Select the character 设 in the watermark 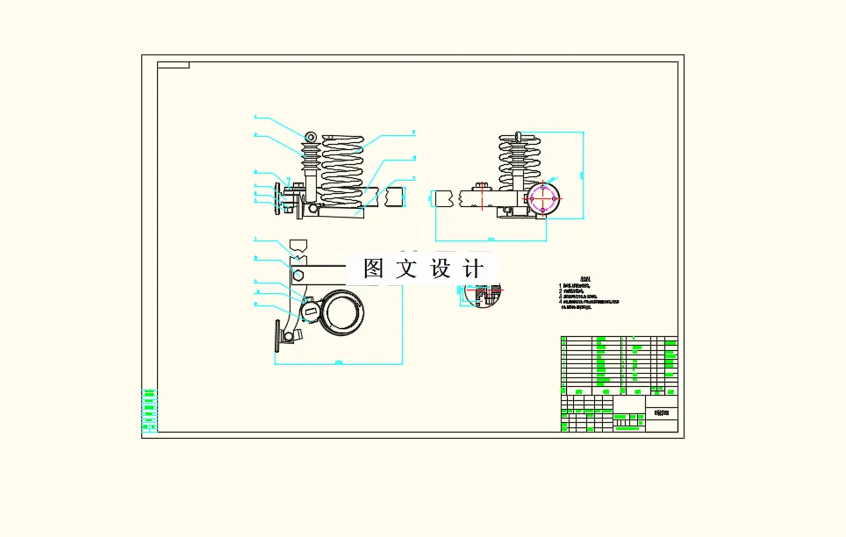tap(441, 268)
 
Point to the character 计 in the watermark tap(474, 268)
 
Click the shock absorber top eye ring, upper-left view tap(311, 137)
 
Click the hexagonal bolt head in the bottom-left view tap(298, 275)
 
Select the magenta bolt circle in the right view tap(544, 199)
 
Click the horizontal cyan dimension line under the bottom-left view tap(338, 363)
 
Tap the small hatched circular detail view tap(481, 297)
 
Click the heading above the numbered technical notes tap(575, 278)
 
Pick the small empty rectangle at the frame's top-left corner tap(173, 65)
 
